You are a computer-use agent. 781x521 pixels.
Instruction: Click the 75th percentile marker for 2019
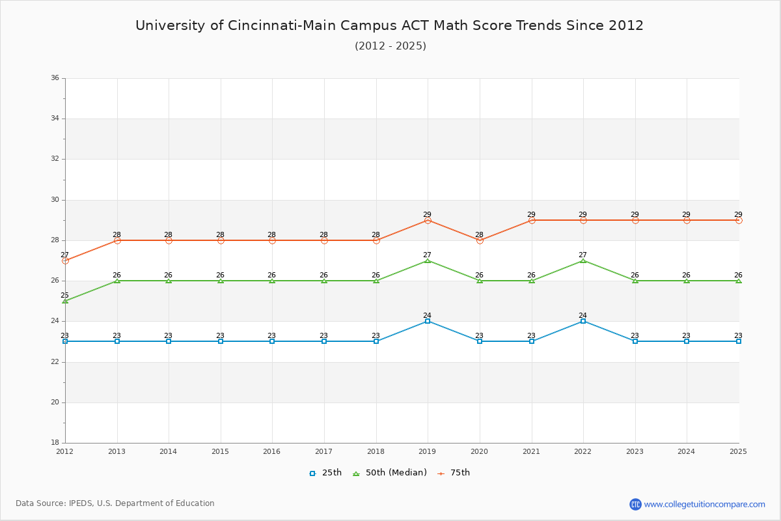pos(428,221)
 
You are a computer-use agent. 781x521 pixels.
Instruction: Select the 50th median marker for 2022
pos(583,260)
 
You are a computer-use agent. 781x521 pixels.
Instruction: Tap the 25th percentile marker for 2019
pos(428,321)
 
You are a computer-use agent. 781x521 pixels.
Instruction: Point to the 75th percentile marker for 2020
pos(480,240)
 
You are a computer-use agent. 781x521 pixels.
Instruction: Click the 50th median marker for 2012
pos(65,301)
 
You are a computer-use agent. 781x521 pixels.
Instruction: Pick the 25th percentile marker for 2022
pos(583,321)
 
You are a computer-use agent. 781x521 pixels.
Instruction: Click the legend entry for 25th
pos(325,473)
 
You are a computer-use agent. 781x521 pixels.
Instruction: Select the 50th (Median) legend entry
pos(389,473)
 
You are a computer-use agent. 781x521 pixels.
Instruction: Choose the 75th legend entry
pos(454,473)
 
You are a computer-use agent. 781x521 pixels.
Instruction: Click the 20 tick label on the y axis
pos(55,402)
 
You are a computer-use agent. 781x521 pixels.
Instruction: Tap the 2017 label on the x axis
pos(323,451)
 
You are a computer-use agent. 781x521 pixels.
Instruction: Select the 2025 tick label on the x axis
pos(738,451)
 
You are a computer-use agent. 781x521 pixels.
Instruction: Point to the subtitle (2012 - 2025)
pos(390,46)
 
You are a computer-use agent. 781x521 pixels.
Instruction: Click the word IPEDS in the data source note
pos(81,503)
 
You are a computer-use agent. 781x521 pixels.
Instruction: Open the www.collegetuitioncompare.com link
pos(704,504)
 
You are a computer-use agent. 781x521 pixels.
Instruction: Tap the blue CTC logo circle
pos(635,504)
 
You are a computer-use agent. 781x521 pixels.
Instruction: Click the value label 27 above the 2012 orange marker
pos(65,255)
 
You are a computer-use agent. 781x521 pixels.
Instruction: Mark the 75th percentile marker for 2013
pos(117,240)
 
